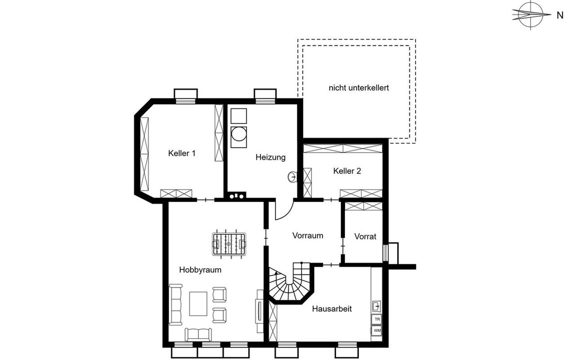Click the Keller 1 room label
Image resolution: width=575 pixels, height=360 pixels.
coord(181,153)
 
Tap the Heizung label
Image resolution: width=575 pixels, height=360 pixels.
coord(270,157)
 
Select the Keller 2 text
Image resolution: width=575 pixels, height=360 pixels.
coord(347,171)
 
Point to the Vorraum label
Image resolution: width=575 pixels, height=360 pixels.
coord(307,235)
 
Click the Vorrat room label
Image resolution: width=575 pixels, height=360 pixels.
coord(365,236)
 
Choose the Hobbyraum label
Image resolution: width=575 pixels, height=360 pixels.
coord(200,270)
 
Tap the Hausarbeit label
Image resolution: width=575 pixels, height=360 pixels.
coord(332,308)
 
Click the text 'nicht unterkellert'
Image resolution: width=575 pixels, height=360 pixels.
coord(358,88)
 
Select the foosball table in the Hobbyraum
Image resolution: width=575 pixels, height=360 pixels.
coord(229,244)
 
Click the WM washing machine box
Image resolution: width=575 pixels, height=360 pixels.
coord(377,330)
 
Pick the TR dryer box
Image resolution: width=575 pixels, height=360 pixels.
coord(377,319)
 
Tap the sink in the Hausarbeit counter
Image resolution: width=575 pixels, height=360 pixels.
coord(376,305)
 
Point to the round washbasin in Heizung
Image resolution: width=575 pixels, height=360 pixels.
coord(292,176)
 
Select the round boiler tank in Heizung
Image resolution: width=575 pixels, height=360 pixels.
coord(238,134)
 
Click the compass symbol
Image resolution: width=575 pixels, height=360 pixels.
coord(530,14)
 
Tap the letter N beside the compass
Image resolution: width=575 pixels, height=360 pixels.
coord(559,15)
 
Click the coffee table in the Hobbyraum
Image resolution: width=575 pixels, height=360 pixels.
coord(198,303)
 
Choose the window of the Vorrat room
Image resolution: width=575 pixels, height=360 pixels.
coord(385,252)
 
